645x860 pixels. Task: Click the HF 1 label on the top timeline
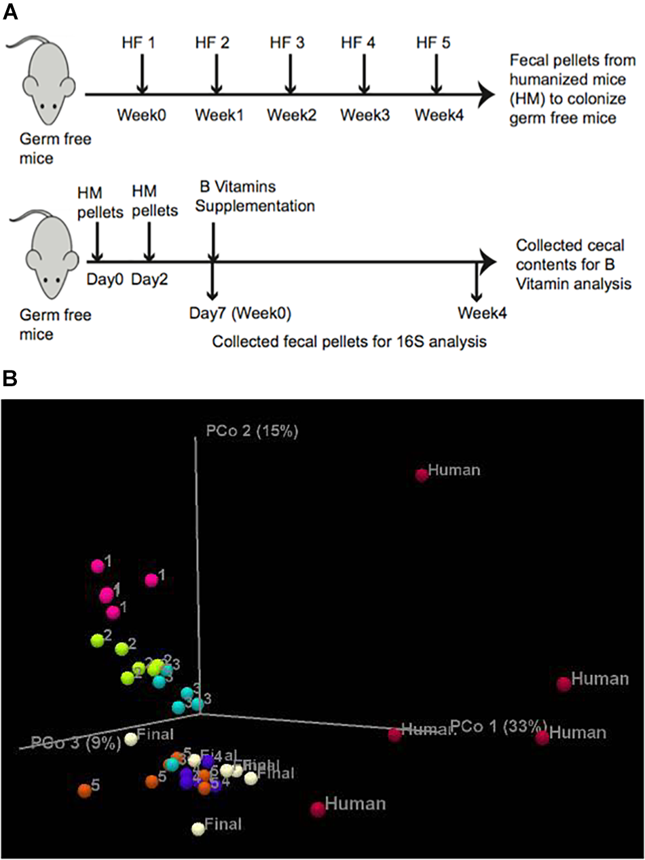point(141,43)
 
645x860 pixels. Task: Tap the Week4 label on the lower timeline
point(481,314)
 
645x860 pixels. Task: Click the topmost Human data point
point(422,474)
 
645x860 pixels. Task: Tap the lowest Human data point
point(317,809)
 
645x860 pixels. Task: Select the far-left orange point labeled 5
point(84,790)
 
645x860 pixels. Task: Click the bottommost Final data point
point(198,828)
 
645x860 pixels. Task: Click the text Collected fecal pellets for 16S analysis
point(349,341)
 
